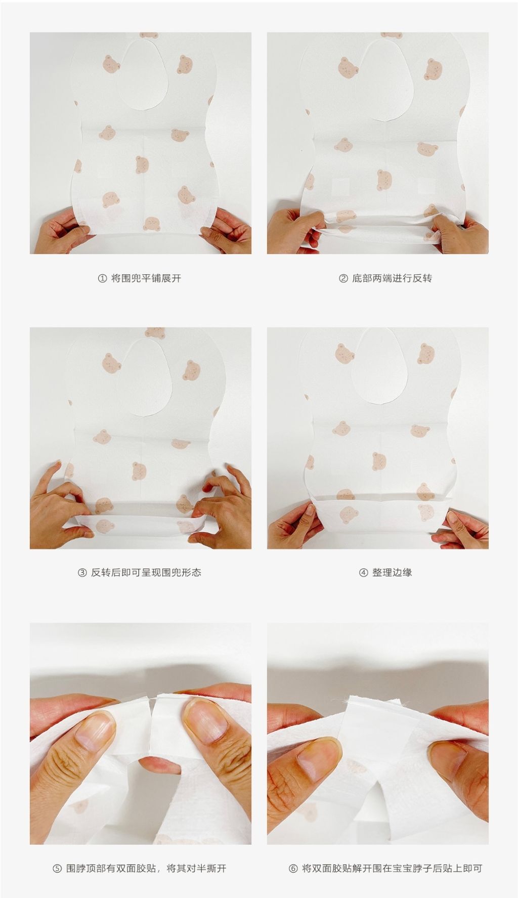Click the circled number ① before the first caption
click(x=102, y=278)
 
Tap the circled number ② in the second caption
click(x=343, y=278)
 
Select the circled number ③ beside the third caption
click(x=82, y=573)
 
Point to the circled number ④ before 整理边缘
click(x=363, y=573)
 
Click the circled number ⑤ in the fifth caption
click(x=57, y=869)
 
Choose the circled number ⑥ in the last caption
click(x=293, y=869)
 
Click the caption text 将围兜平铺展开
click(x=146, y=278)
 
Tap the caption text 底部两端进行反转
click(x=392, y=278)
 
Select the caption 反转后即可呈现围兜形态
click(x=146, y=573)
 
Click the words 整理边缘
click(x=392, y=573)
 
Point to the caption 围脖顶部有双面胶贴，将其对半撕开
click(x=146, y=869)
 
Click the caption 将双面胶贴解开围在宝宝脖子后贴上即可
click(x=392, y=869)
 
